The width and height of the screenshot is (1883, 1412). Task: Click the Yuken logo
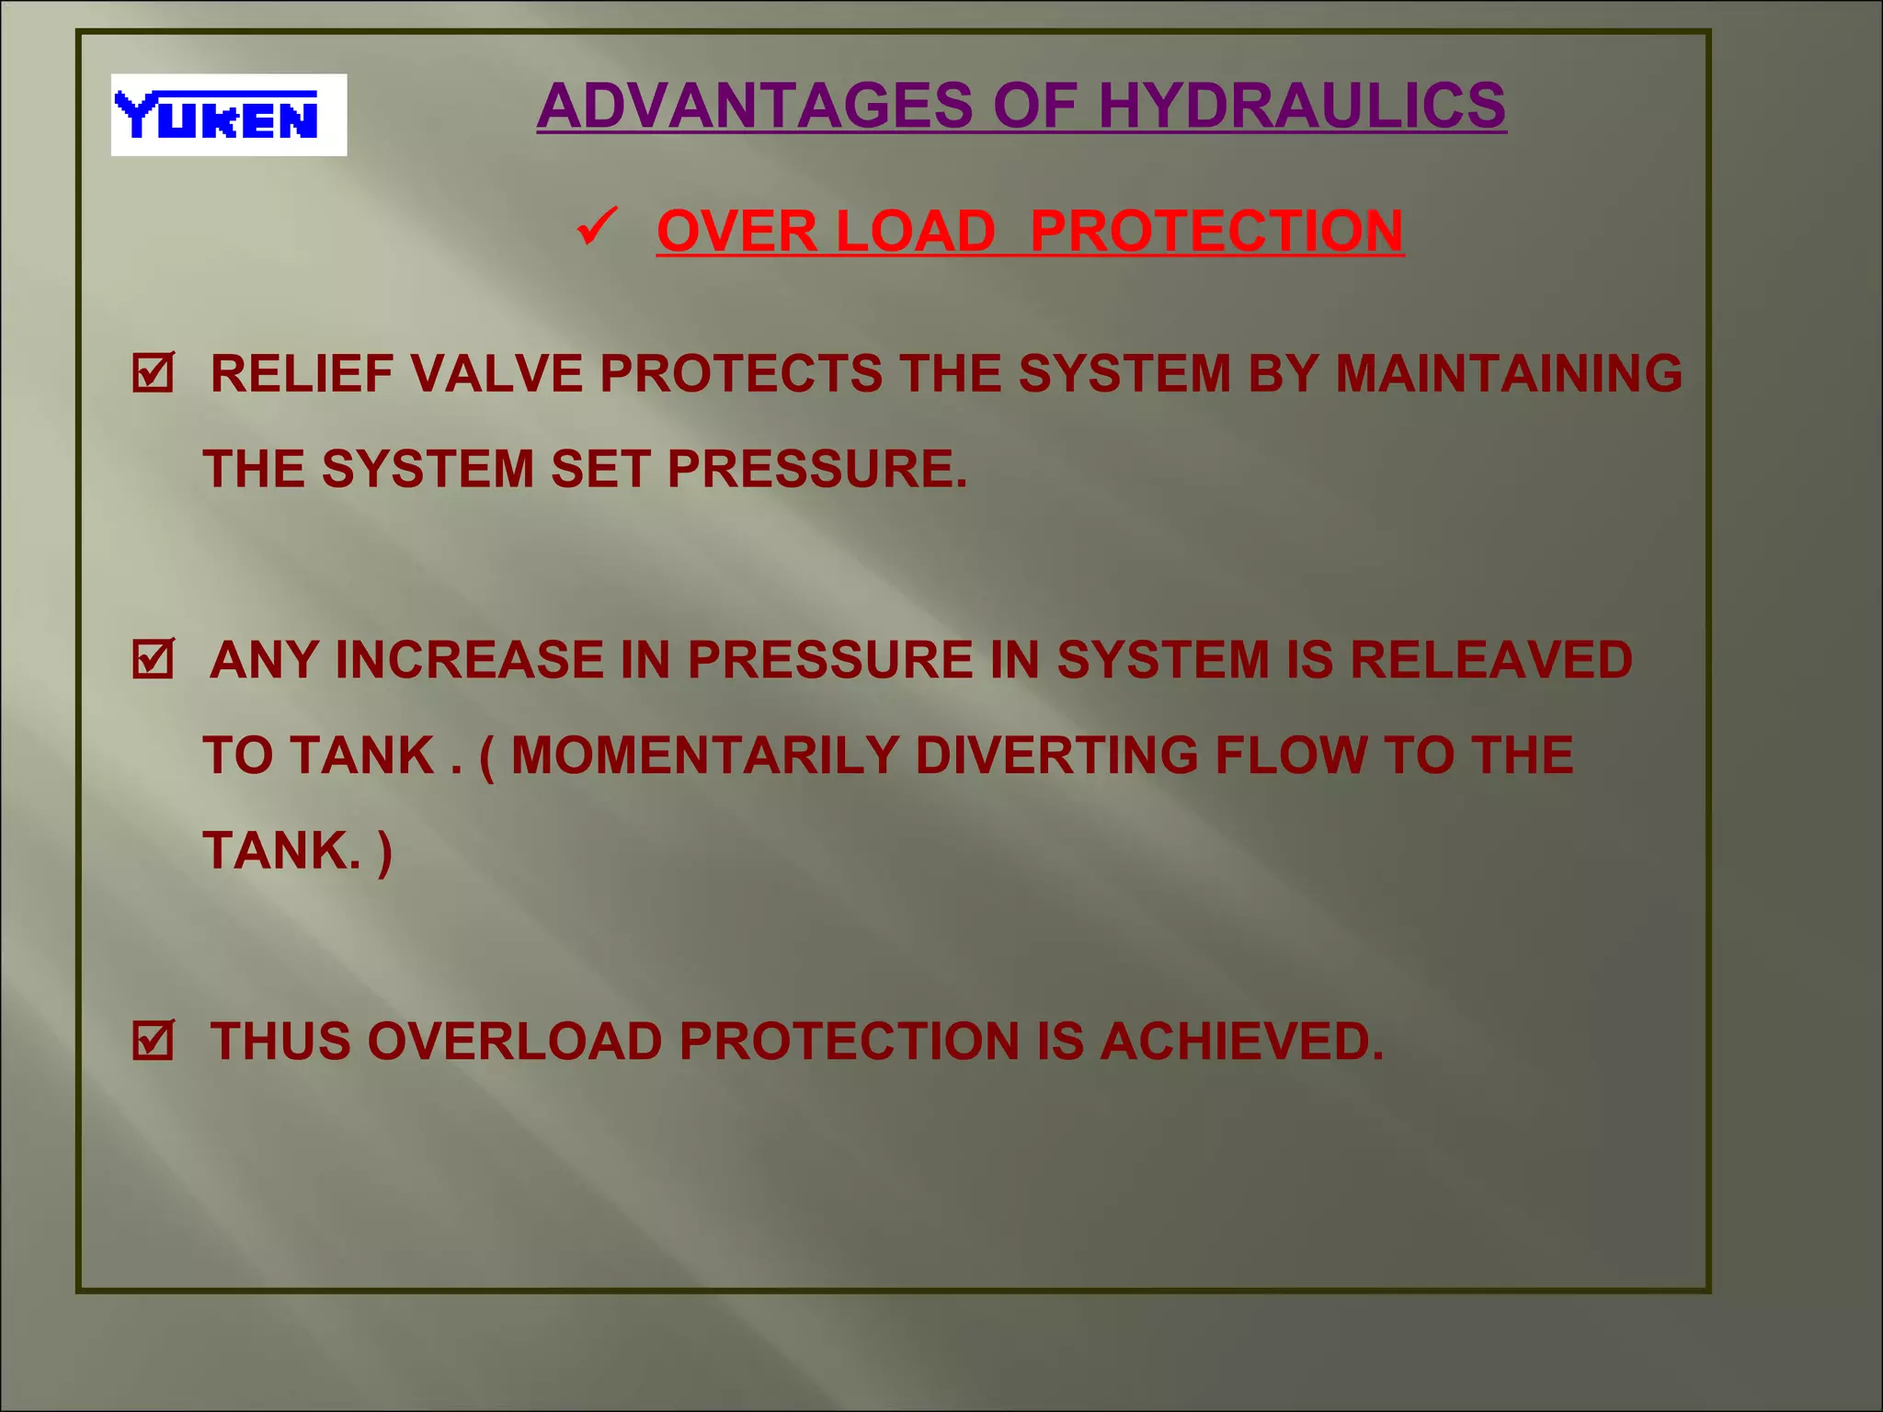[228, 115]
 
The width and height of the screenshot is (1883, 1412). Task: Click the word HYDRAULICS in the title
[1302, 106]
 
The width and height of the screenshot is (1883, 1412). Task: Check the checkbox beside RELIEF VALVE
[153, 373]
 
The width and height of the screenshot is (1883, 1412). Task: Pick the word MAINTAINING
[1509, 374]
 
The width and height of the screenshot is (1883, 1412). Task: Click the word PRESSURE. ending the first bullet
[817, 469]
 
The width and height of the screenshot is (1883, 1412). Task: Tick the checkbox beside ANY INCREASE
[153, 659]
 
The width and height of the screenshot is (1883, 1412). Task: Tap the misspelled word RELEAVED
[1491, 660]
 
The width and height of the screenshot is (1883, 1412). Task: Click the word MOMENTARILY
[704, 756]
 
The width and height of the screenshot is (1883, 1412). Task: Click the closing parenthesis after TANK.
[384, 852]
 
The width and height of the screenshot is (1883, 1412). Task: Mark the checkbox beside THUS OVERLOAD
[153, 1041]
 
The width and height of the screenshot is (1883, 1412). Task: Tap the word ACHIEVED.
[1242, 1042]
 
